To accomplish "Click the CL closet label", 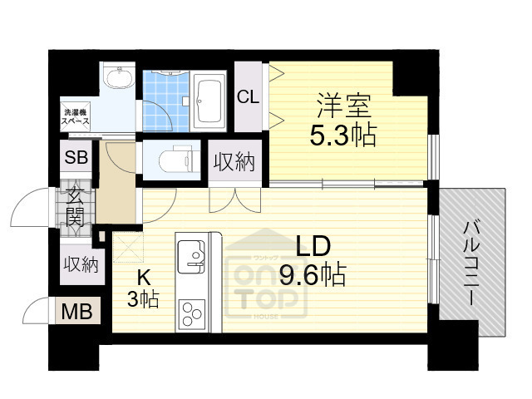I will coord(248,96).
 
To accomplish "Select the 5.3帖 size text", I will coord(342,136).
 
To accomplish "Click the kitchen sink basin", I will coord(192,252).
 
